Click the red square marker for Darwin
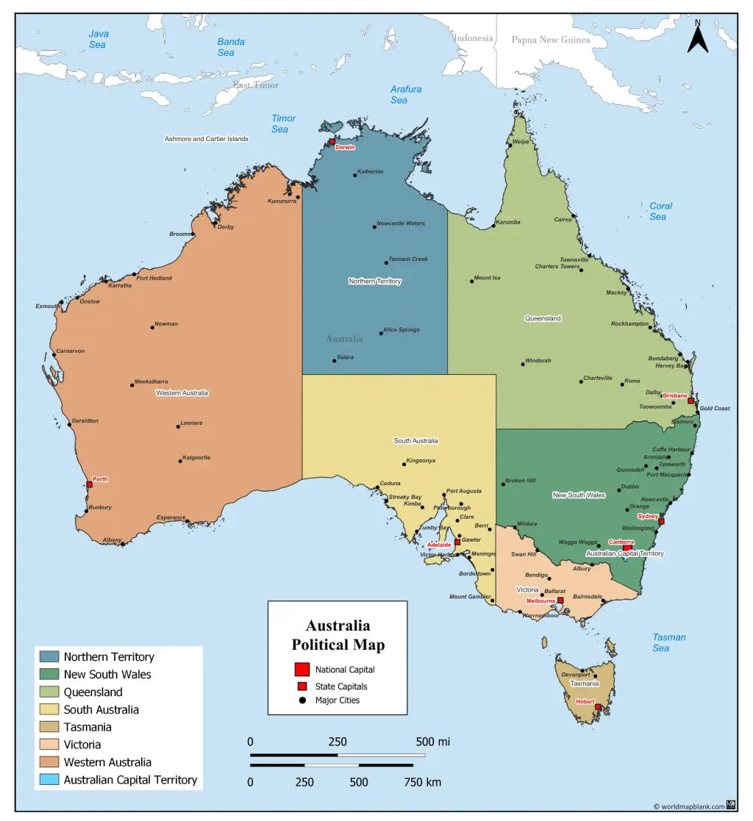coord(332,142)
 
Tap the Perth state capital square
coord(90,484)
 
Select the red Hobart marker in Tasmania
coord(598,707)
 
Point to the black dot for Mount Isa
coord(472,281)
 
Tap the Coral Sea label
coord(660,211)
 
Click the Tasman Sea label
coord(668,642)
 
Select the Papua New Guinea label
coord(551,40)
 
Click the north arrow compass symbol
coord(698,37)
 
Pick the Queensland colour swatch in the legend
coord(50,692)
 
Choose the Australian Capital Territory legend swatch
coord(50,780)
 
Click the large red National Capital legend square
coord(301,669)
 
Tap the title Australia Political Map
coord(338,636)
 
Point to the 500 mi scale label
coord(432,741)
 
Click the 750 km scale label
coord(422,782)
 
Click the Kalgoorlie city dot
coord(180,461)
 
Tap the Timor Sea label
coord(282,123)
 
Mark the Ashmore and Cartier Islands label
coord(206,139)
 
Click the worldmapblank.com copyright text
coord(688,806)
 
